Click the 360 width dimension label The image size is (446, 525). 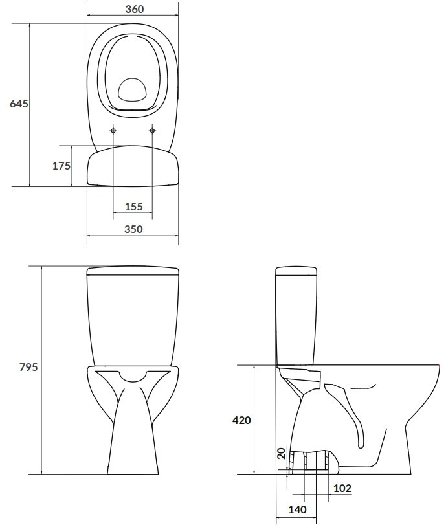click(135, 9)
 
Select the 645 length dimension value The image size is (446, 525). click(19, 104)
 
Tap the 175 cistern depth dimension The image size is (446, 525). click(61, 166)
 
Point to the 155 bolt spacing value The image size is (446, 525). click(133, 207)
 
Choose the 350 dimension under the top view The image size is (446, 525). click(133, 229)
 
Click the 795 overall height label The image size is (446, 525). click(28, 367)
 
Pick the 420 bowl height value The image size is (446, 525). click(241, 420)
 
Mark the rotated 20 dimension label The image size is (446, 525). click(282, 453)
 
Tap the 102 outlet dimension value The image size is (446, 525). click(342, 488)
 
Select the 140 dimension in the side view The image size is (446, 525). click(297, 509)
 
